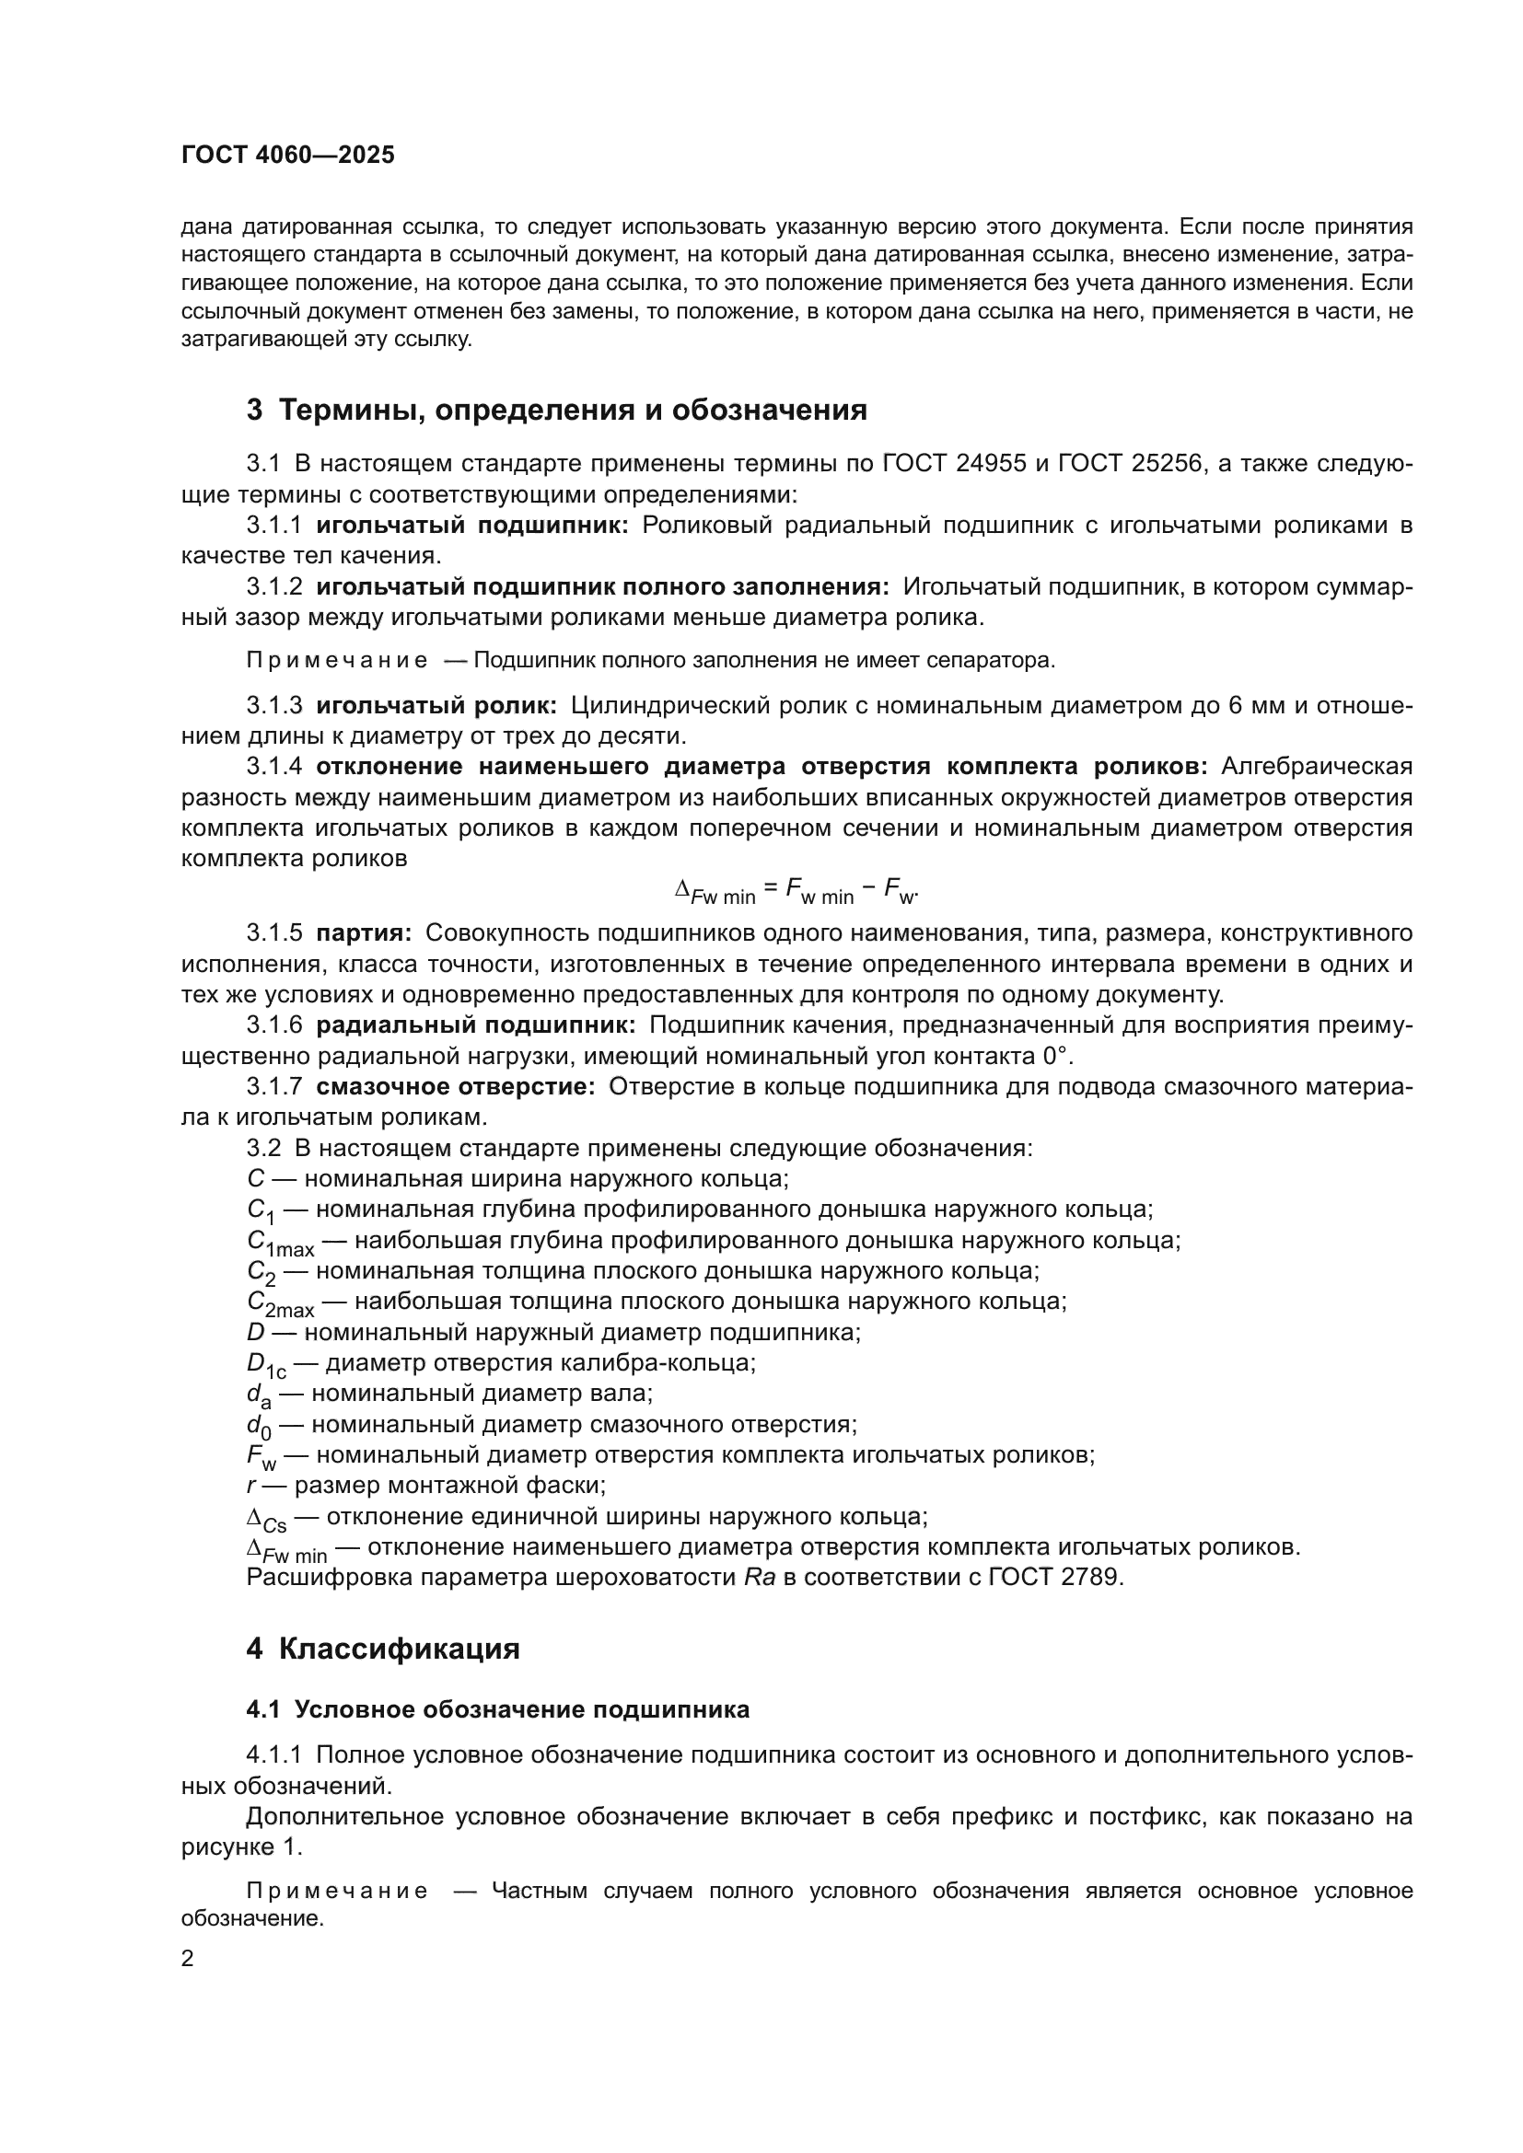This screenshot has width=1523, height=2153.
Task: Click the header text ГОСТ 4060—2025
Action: coord(288,156)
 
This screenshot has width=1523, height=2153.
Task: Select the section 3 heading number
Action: coord(254,410)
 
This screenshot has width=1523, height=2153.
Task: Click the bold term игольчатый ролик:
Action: coord(437,705)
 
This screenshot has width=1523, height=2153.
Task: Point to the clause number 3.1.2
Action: coord(274,587)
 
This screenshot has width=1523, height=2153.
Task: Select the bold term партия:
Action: coord(364,933)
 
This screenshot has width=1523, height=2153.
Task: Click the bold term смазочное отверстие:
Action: coord(456,1087)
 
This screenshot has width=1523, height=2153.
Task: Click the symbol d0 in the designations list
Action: coord(259,1426)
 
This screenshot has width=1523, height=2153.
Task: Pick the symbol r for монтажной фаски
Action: coord(251,1486)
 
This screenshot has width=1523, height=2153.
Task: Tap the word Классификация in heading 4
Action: coord(400,1649)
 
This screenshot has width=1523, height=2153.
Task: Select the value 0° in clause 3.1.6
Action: coord(1055,1056)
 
